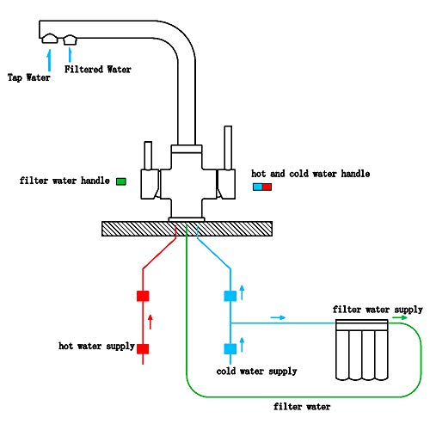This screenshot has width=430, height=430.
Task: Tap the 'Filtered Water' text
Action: [x=98, y=69]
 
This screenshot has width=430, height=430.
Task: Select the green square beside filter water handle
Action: [x=121, y=181]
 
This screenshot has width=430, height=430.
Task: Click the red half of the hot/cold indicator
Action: [x=267, y=186]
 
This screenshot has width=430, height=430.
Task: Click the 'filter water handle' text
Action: [x=64, y=181]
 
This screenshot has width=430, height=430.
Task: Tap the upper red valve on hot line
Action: [x=144, y=296]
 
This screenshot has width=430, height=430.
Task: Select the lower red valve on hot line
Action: [x=144, y=348]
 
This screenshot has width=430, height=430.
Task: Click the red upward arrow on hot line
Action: [x=152, y=322]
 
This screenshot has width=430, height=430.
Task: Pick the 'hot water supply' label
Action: [x=96, y=347]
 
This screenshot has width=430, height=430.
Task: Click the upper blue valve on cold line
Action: [x=230, y=296]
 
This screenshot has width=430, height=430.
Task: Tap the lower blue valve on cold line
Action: [x=230, y=348]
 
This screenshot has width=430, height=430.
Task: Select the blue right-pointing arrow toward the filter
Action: [x=278, y=317]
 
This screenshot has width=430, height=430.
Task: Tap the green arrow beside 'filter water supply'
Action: [x=399, y=317]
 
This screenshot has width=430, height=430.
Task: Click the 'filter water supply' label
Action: [x=378, y=308]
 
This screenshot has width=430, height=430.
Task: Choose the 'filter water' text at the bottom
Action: [x=301, y=407]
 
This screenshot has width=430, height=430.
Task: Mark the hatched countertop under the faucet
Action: [x=187, y=228]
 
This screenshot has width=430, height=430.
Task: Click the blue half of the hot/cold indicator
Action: [x=257, y=186]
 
